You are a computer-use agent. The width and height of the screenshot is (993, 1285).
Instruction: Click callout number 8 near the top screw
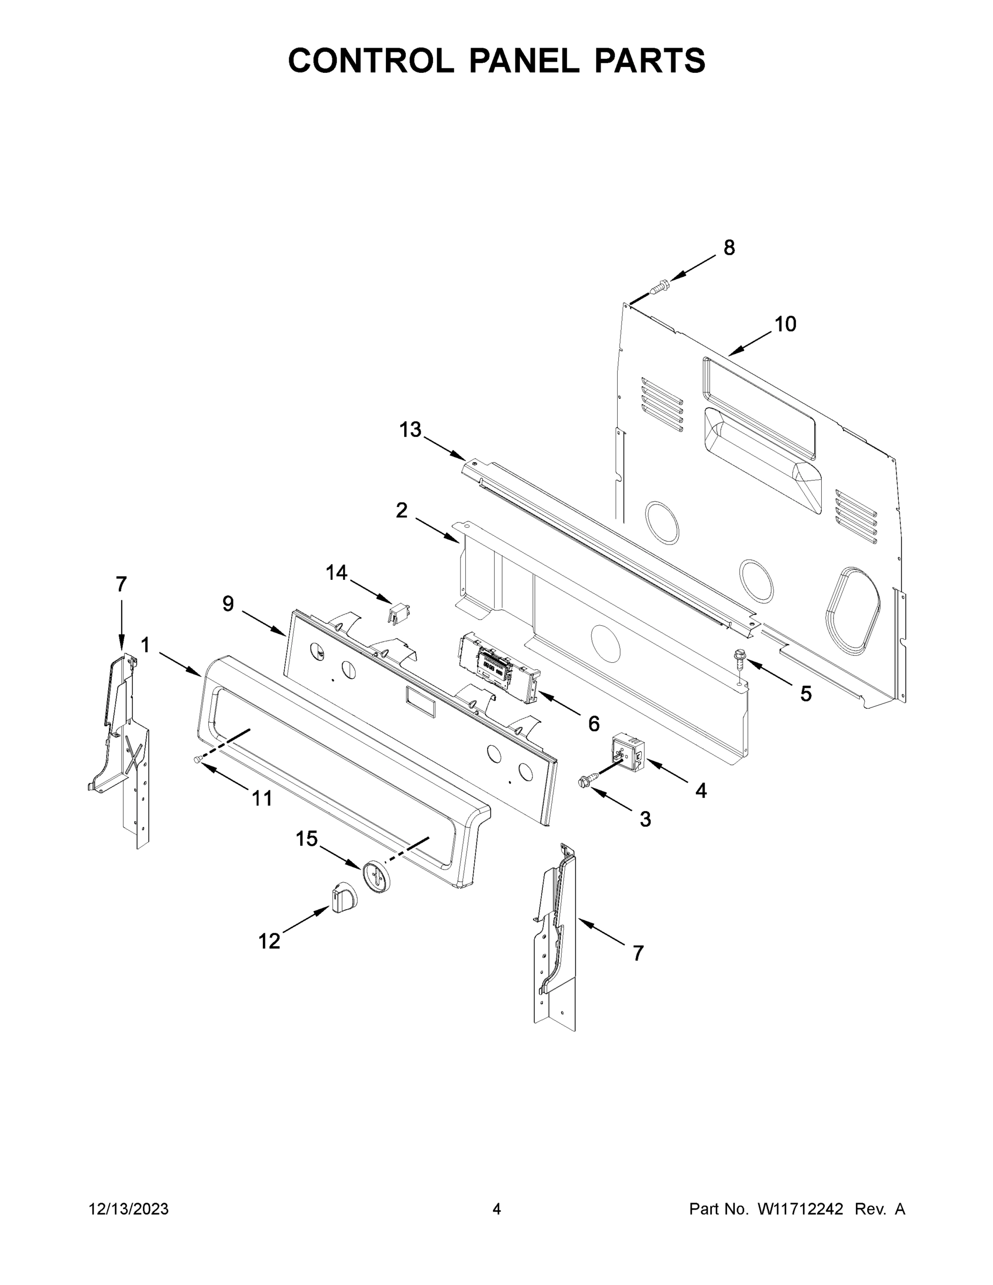tap(729, 248)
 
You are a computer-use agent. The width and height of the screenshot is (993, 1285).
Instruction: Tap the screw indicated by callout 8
tap(659, 287)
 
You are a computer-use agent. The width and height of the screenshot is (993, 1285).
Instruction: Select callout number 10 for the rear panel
tap(785, 323)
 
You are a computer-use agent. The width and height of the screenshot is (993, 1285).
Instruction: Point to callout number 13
tap(410, 429)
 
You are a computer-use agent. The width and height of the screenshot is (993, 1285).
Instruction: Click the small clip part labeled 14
tap(399, 614)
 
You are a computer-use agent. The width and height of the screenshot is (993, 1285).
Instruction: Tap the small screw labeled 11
tap(198, 760)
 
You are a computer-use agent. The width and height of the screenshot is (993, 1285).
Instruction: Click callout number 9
tap(228, 603)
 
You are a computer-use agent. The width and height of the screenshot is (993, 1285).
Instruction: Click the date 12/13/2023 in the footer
tap(129, 1208)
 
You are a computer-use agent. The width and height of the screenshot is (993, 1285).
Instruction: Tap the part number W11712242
tap(800, 1208)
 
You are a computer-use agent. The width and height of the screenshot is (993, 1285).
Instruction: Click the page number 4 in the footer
tap(497, 1208)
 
